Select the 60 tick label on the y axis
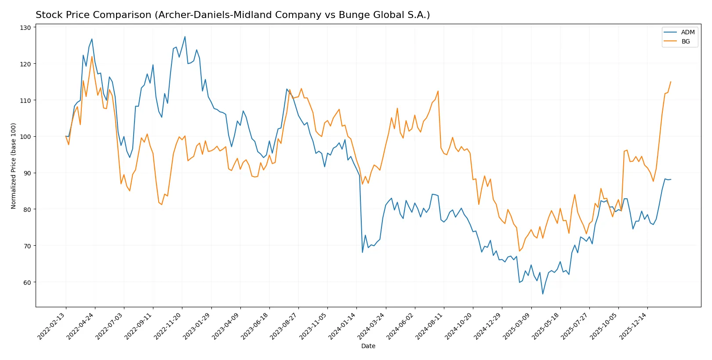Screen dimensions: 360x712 [28, 282]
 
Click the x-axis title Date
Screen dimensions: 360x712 [368, 346]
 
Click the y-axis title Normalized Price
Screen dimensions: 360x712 [14, 166]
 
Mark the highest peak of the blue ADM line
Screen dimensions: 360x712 [185, 36]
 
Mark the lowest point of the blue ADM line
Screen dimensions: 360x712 [543, 294]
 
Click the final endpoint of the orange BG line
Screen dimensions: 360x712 [671, 82]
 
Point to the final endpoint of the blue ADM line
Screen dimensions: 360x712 [671, 179]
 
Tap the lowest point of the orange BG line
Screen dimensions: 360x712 [519, 251]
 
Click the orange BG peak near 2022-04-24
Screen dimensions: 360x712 [92, 56]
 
